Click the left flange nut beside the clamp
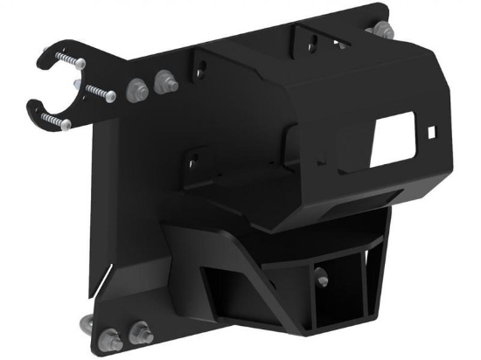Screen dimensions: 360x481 coord(136,89)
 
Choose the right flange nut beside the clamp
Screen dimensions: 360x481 coord(162,83)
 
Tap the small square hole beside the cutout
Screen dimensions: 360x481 coord(432,132)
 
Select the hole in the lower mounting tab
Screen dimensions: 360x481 coord(192,160)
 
